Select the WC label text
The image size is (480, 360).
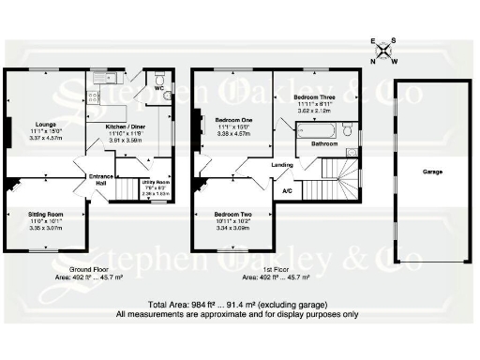click(160, 89)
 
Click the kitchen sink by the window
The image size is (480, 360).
click(105, 76)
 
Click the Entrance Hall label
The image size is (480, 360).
click(100, 179)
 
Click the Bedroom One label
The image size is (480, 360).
click(232, 121)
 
